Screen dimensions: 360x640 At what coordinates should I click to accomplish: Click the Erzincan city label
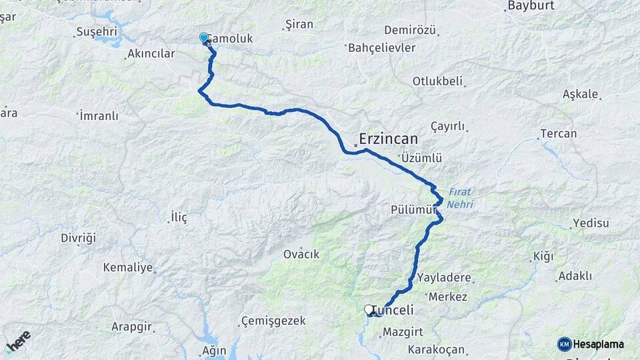(389, 139)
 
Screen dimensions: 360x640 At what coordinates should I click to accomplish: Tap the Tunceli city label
(393, 310)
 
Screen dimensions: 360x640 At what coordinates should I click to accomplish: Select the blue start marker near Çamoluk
(204, 38)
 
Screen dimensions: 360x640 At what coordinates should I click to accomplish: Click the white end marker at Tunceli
(369, 309)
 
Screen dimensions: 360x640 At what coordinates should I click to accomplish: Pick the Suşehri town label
(97, 31)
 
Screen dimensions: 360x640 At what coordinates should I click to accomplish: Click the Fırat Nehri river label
(459, 198)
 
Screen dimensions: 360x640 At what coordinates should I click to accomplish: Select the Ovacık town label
(301, 254)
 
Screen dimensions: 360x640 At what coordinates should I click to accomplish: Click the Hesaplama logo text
(599, 344)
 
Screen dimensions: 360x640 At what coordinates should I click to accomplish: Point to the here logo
(18, 341)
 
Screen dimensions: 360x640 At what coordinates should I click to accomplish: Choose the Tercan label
(558, 133)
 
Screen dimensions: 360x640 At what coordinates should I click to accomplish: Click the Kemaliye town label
(127, 267)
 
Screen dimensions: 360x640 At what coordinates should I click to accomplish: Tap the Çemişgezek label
(273, 321)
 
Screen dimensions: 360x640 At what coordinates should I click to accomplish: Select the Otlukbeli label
(437, 81)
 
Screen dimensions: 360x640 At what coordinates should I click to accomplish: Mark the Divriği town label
(79, 238)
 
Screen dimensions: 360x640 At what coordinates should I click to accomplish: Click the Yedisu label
(591, 223)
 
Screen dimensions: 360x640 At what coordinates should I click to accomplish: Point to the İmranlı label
(99, 116)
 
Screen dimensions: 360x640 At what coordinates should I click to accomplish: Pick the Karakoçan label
(435, 349)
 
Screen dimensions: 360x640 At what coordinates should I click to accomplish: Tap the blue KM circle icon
(564, 344)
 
